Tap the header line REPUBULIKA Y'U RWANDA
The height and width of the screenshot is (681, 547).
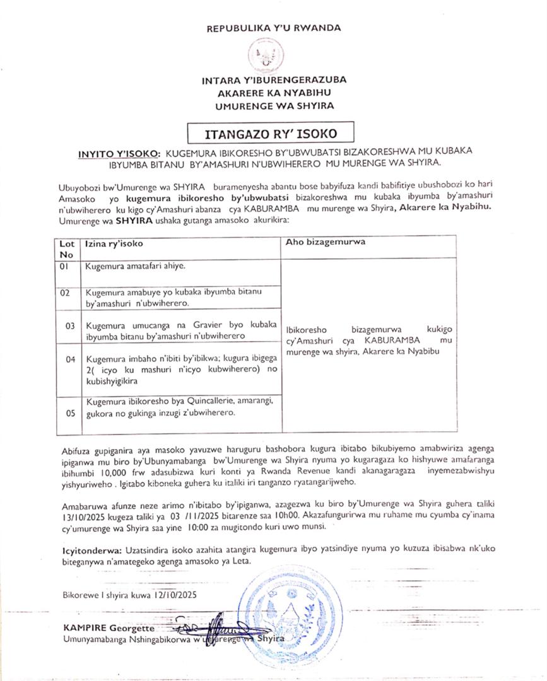click(273, 28)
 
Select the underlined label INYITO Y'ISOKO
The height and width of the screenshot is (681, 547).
click(119, 153)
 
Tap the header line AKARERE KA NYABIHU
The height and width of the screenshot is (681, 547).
click(273, 93)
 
